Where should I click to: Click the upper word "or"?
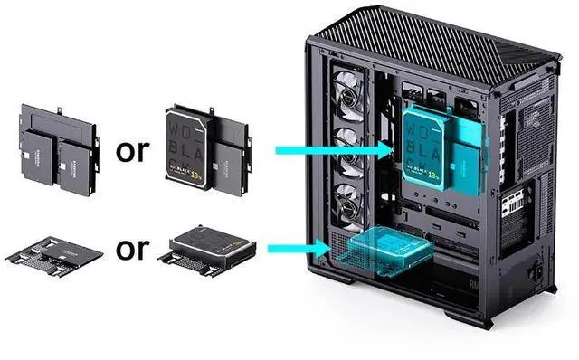click(132, 150)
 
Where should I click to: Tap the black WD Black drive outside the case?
click(187, 148)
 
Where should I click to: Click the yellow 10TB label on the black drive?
click(187, 169)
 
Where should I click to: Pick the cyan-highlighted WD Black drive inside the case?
click(425, 149)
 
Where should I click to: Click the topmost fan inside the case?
click(347, 93)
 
